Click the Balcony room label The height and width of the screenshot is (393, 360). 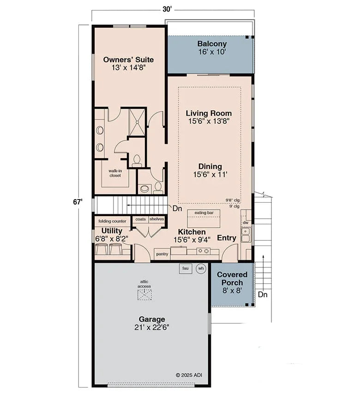click(212, 44)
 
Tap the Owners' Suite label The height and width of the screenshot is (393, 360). click(128, 59)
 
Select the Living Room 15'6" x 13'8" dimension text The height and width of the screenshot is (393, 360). click(209, 121)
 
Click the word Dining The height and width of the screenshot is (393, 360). click(210, 166)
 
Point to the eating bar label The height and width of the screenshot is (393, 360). click(204, 212)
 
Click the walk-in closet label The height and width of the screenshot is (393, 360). click(115, 173)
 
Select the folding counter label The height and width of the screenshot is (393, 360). click(112, 221)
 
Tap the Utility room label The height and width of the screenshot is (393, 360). click(112, 230)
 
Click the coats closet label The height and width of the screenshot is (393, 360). click(140, 219)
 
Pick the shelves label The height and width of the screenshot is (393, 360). click(156, 219)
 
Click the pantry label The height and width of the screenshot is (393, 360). click(162, 254)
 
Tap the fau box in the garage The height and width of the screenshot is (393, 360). click(186, 268)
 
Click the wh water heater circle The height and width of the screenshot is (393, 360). click(201, 268)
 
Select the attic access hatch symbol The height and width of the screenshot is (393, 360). click(144, 295)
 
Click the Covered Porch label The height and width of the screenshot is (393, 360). click(232, 278)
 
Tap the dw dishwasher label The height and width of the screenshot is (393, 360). click(246, 223)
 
